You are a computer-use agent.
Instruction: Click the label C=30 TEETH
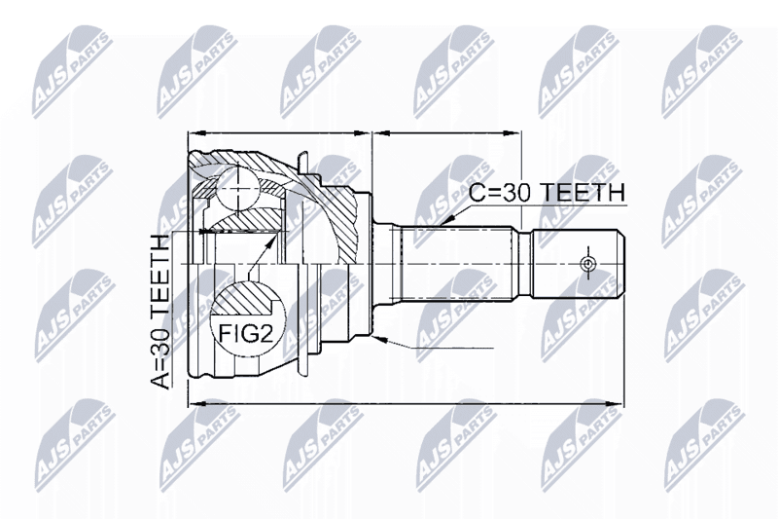(547, 193)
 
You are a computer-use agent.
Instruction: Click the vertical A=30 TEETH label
(159, 311)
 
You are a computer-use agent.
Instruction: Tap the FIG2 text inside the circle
(246, 334)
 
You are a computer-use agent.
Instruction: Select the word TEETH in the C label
(583, 193)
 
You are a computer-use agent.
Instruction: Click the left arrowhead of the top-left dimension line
(198, 132)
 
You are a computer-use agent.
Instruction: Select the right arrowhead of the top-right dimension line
(513, 132)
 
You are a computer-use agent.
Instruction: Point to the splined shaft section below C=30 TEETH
(456, 263)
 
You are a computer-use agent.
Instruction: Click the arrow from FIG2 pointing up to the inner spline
(262, 254)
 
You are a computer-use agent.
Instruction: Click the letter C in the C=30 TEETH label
(477, 193)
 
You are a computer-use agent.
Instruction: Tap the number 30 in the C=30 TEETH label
(517, 193)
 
